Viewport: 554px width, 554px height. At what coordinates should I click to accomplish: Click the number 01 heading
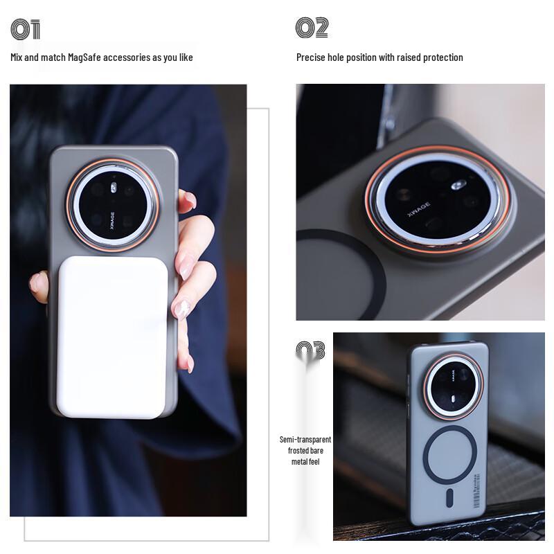click(x=26, y=30)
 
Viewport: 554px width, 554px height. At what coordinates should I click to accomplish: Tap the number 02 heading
click(x=312, y=28)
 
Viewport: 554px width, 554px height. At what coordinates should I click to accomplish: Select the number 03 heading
click(x=311, y=350)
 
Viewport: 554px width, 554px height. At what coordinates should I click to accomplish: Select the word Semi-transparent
click(x=305, y=440)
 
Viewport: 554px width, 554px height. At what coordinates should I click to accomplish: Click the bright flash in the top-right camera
click(x=456, y=185)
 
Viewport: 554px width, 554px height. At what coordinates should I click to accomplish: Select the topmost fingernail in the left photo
click(x=189, y=200)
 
